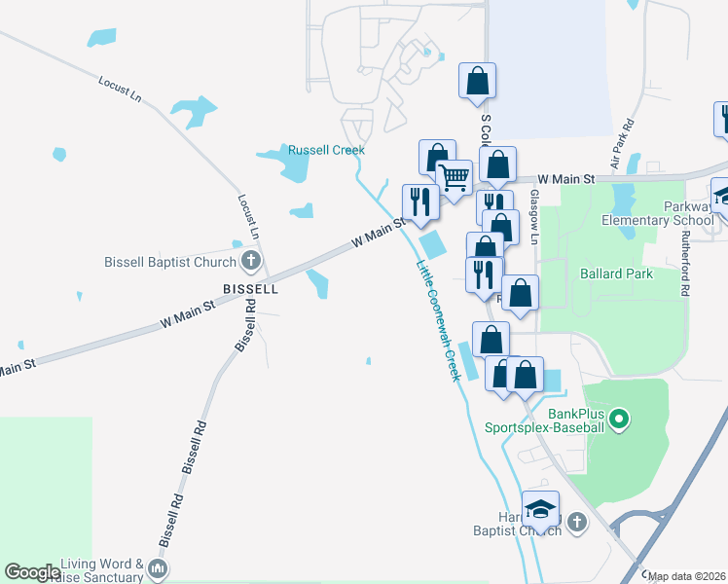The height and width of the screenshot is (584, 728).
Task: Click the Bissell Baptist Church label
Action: pyautogui.click(x=170, y=262)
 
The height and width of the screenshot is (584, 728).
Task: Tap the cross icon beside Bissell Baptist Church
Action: pyautogui.click(x=250, y=261)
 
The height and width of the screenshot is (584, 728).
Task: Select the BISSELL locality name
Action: pyautogui.click(x=250, y=289)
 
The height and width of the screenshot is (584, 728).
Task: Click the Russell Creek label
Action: pyautogui.click(x=326, y=150)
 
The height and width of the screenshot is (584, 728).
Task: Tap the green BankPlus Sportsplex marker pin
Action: pyautogui.click(x=620, y=420)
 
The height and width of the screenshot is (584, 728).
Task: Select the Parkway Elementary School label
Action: pyautogui.click(x=675, y=213)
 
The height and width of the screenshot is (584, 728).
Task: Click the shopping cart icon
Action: pyautogui.click(x=454, y=178)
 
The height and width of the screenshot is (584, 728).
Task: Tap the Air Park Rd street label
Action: pyautogui.click(x=622, y=145)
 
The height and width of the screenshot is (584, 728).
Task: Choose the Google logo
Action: pyautogui.click(x=32, y=572)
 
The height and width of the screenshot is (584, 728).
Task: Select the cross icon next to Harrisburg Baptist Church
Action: pyautogui.click(x=576, y=524)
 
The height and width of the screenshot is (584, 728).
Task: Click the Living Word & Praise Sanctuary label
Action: pyautogui.click(x=101, y=570)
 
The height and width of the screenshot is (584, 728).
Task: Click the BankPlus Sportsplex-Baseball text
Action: pyautogui.click(x=545, y=420)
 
